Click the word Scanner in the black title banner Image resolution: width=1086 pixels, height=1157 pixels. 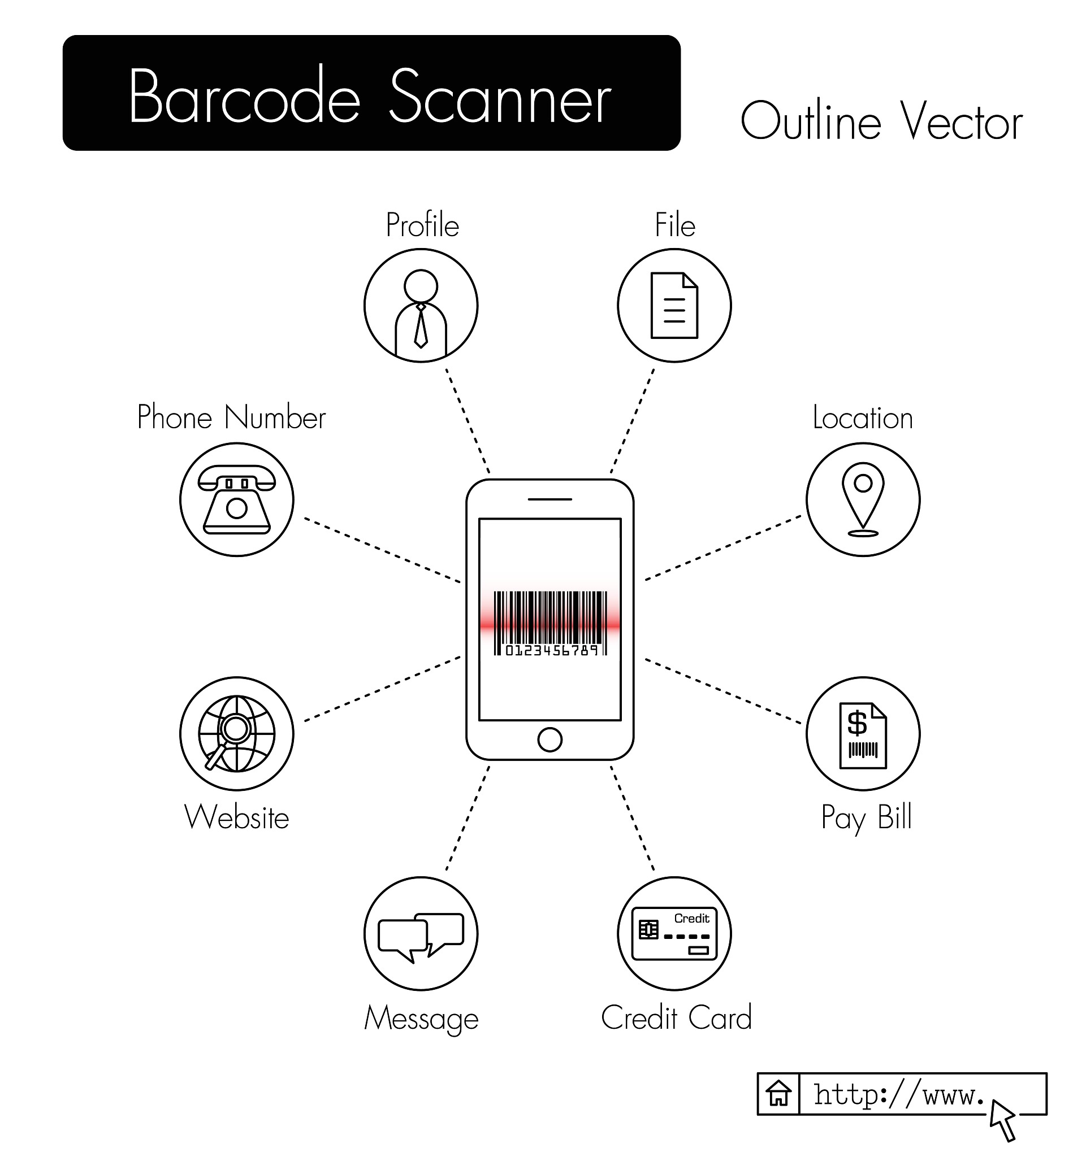click(x=500, y=96)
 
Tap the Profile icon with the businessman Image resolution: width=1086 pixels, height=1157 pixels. click(x=421, y=306)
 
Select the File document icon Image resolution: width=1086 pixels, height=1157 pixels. click(x=674, y=306)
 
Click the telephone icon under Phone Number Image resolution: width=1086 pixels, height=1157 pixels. click(x=236, y=500)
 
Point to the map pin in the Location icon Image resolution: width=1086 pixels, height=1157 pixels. click(x=862, y=499)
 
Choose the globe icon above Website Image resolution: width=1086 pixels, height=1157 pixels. click(x=236, y=734)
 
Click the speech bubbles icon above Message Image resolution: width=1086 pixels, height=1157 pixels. click(x=421, y=938)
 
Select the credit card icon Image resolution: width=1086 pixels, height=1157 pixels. click(x=674, y=933)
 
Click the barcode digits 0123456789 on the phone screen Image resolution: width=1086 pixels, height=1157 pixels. click(x=551, y=650)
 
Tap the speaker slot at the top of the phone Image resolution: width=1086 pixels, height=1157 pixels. click(x=550, y=499)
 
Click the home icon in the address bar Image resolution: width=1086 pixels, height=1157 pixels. click(x=778, y=1094)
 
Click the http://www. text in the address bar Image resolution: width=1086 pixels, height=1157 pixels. click(x=898, y=1095)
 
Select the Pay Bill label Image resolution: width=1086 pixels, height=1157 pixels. click(x=866, y=818)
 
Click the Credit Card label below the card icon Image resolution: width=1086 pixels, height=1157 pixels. click(x=676, y=1018)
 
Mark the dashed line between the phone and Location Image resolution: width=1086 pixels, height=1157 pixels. click(x=722, y=547)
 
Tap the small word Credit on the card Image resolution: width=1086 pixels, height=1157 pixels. click(x=691, y=919)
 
